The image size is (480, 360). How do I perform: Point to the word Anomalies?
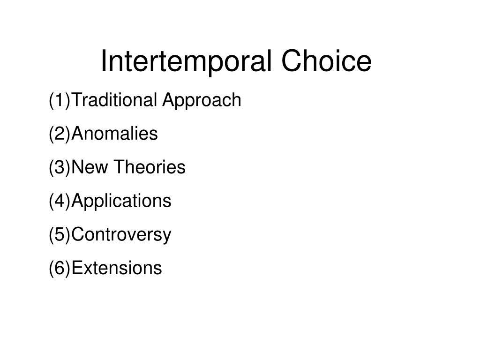pos(115,134)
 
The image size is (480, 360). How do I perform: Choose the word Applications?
pos(122,202)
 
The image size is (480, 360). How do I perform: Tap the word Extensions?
pos(117,269)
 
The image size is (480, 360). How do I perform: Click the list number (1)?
pos(60,100)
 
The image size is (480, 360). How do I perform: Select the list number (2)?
pos(60,134)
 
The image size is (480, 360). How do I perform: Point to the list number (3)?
pos(60,168)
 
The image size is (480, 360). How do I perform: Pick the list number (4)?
pos(60,202)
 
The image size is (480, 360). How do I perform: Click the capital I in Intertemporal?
pos(104,61)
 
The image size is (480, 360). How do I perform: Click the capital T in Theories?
pos(119,167)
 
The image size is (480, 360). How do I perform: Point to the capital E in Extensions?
pos(77,269)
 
